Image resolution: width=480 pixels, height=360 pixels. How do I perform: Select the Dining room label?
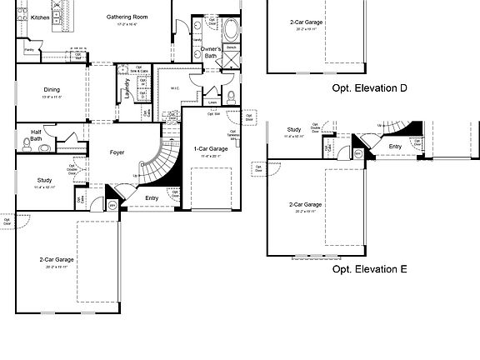point(52,91)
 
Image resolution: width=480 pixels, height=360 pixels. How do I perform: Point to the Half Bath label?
point(37,135)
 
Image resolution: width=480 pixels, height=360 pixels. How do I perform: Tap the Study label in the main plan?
point(44,180)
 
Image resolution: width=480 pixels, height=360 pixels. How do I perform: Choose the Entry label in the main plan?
point(151,197)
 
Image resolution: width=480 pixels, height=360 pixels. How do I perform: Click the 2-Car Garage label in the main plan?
point(57,260)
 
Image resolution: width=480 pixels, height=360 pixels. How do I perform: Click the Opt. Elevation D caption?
point(369,88)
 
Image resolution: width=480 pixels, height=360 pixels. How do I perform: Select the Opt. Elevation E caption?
point(369,270)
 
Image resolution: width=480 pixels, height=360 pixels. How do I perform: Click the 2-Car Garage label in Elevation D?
point(307,22)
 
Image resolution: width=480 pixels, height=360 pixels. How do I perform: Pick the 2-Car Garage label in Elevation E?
point(306,204)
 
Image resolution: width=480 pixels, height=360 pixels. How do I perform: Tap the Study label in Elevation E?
point(293,130)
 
